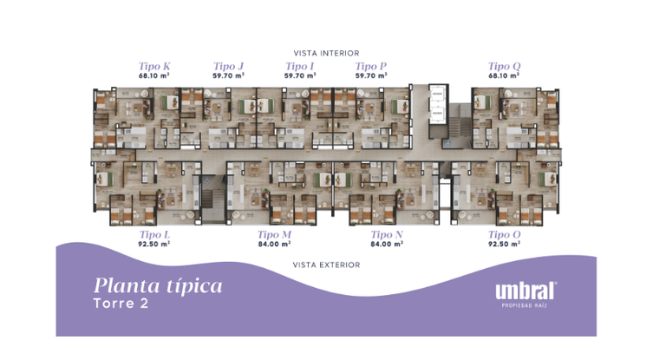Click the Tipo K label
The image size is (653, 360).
click(154, 66)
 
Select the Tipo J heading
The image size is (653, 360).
click(228, 66)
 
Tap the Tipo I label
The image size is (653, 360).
click(299, 66)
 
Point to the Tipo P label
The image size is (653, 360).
click(370, 66)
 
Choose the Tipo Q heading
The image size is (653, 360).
click(504, 66)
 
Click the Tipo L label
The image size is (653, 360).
click(154, 234)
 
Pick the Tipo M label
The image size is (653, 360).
click(274, 234)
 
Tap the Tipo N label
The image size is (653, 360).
click(387, 234)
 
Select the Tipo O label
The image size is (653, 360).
click(505, 234)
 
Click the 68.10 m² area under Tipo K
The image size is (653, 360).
click(154, 75)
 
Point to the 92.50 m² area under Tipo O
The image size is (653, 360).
click(505, 244)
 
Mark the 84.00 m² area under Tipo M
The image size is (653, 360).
click(274, 244)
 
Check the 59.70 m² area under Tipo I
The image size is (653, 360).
click(300, 75)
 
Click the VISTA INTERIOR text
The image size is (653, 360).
click(326, 53)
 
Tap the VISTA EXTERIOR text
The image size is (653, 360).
click(326, 265)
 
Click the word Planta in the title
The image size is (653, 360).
click(127, 286)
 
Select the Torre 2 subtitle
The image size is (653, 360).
click(121, 303)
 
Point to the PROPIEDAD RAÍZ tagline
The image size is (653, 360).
click(525, 306)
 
